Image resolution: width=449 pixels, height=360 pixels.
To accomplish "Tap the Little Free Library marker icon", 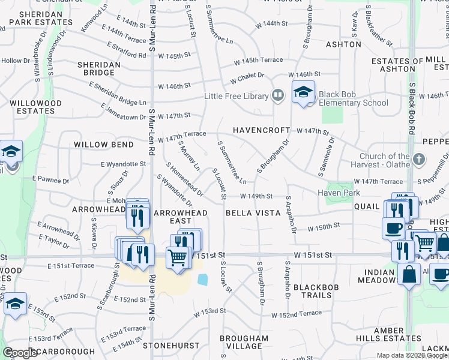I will point(277,95).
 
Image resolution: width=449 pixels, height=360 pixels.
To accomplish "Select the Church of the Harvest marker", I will point(420,160).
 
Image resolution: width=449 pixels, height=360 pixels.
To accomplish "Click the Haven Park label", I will point(339,193).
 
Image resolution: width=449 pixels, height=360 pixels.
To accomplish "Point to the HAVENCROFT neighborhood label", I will point(261,130).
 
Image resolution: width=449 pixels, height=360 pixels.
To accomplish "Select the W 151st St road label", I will point(313,255).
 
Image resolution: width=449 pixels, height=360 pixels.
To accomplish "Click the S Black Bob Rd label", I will point(412,107).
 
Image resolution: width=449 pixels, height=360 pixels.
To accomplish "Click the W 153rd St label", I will point(209,311).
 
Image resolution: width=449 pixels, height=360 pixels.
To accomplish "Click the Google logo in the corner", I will point(20,353).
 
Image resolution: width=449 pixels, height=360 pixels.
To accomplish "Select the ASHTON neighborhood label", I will point(343,44).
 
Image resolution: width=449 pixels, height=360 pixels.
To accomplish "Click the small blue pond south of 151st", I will point(202,280).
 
